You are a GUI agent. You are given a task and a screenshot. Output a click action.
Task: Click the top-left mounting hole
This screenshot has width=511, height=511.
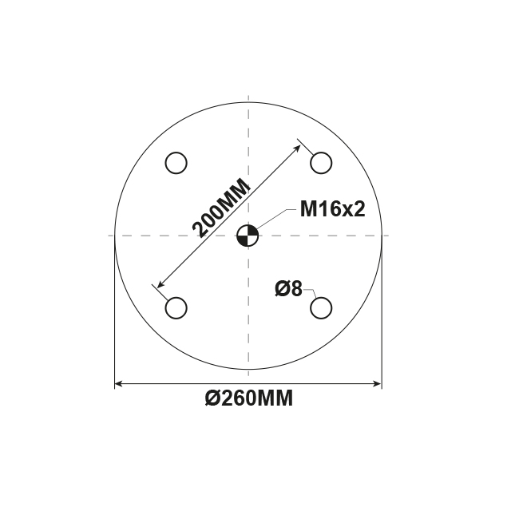(x=176, y=163)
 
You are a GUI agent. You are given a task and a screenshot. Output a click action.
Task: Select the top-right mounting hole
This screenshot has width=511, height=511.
(x=321, y=163)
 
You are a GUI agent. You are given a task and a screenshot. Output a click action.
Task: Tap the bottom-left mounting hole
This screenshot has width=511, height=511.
(x=176, y=307)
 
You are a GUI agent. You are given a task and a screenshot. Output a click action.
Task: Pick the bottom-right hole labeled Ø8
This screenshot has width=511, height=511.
(x=321, y=307)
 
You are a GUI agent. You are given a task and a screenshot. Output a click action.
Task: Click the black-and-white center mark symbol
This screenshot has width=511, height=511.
(x=248, y=236)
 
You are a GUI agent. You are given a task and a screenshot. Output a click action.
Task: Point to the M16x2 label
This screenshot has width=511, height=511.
(x=332, y=210)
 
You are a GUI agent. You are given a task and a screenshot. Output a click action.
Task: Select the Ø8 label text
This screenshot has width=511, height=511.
(x=288, y=289)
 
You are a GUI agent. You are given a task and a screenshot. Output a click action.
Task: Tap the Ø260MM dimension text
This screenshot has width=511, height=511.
(x=248, y=400)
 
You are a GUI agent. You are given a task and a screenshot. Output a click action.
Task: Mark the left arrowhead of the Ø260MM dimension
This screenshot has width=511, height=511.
(x=120, y=385)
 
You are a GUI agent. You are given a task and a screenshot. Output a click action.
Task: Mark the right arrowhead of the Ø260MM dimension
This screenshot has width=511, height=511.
(x=377, y=385)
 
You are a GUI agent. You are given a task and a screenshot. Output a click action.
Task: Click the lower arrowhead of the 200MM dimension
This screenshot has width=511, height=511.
(x=160, y=285)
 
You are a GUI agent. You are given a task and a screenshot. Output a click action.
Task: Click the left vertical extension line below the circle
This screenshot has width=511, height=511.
(x=115, y=319)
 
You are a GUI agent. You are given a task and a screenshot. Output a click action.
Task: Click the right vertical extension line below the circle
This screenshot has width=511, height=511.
(x=382, y=319)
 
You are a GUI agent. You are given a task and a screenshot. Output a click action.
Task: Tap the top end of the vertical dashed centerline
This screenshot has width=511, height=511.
(x=248, y=97)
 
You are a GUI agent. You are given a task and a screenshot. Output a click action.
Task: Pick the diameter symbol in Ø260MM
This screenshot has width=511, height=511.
(x=212, y=400)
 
